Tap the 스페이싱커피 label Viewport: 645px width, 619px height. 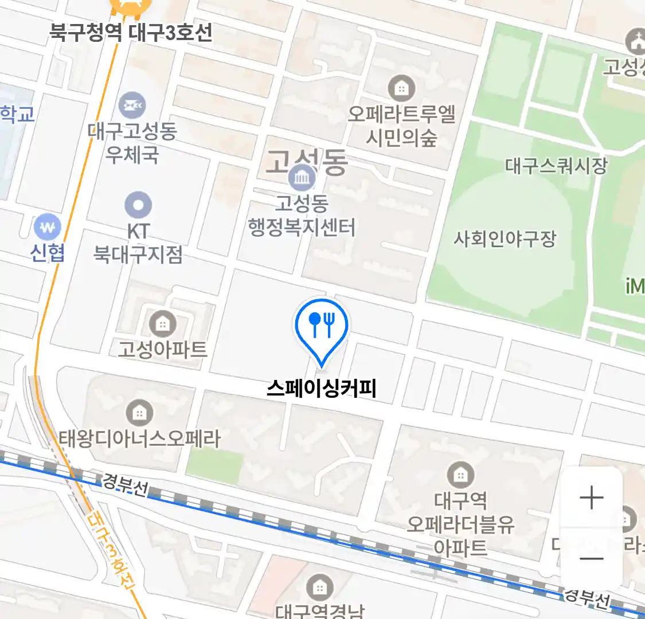coord(321,389)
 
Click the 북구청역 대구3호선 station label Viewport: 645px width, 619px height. coord(131,32)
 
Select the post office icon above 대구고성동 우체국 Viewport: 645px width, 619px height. coord(132,105)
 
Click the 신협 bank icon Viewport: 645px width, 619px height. coord(47,227)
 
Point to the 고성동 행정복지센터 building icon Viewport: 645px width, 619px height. coord(302,178)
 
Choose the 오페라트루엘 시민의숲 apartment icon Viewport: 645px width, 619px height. coord(401,88)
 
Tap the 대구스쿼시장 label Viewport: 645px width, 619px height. coord(556,166)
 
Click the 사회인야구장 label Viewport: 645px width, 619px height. coord(505,238)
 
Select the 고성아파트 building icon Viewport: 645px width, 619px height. coord(163,324)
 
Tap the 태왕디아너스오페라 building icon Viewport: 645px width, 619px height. coord(139,412)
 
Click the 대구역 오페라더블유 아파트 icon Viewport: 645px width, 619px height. coord(460,475)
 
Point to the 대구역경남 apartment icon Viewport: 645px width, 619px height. coord(319,588)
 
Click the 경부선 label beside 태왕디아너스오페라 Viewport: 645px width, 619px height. coord(125,484)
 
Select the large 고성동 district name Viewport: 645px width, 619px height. coord(307,162)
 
